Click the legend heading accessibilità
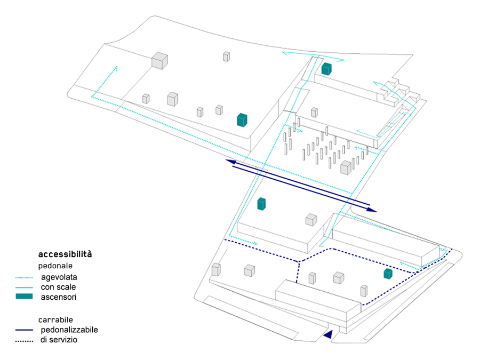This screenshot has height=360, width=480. pos(65,254)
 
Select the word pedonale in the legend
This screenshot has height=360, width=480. pos(55,265)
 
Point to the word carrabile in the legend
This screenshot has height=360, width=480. pos(56,319)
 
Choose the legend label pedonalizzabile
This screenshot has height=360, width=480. pos(69,330)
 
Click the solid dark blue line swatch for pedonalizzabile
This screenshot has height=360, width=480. pos(25,330)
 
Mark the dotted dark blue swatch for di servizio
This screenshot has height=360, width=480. pos(25,340)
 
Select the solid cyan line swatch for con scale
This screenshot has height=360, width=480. pos(25,287)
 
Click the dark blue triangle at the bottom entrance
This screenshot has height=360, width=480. pos(329,334)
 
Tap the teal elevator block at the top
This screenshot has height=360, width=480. pos(327,69)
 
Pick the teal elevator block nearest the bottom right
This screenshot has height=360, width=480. pos(388,274)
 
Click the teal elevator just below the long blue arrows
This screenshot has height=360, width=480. pos(261,204)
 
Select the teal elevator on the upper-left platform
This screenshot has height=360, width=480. pos(242,120)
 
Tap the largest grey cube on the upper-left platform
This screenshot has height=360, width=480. pos(159,60)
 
